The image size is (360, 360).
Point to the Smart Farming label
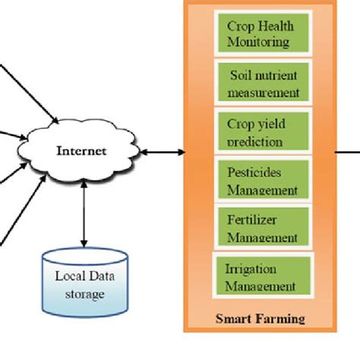(x=260, y=319)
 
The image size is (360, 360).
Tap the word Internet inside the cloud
(x=81, y=151)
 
